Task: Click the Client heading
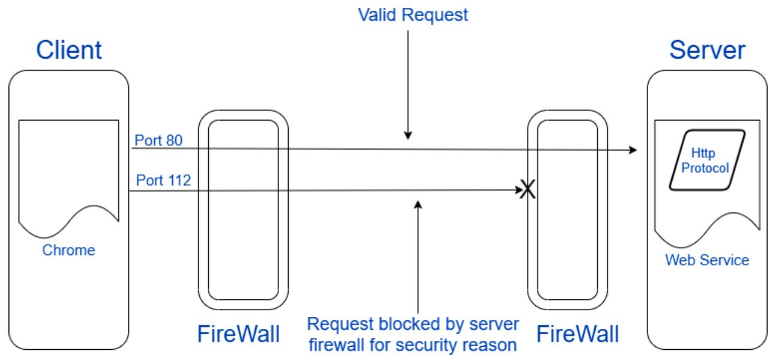[x=69, y=50]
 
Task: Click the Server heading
[x=708, y=50]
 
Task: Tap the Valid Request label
[x=413, y=15]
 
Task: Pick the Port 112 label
[x=163, y=180]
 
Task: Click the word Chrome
[x=68, y=250]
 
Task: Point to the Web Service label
[x=707, y=260]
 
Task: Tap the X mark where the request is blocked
[x=527, y=190]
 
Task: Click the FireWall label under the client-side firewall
[x=238, y=334]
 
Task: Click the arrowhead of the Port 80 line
[x=633, y=150]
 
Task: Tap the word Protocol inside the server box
[x=705, y=168]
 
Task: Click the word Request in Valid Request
[x=435, y=15]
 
